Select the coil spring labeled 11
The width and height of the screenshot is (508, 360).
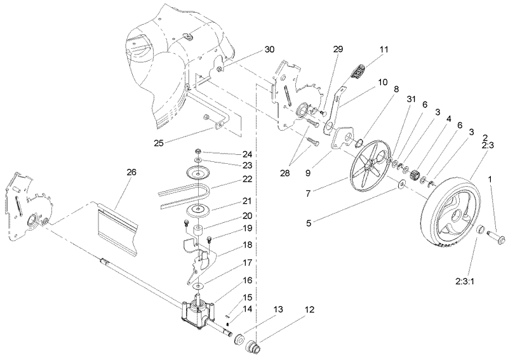[x=362, y=69]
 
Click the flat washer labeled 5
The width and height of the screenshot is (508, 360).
[x=402, y=185]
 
